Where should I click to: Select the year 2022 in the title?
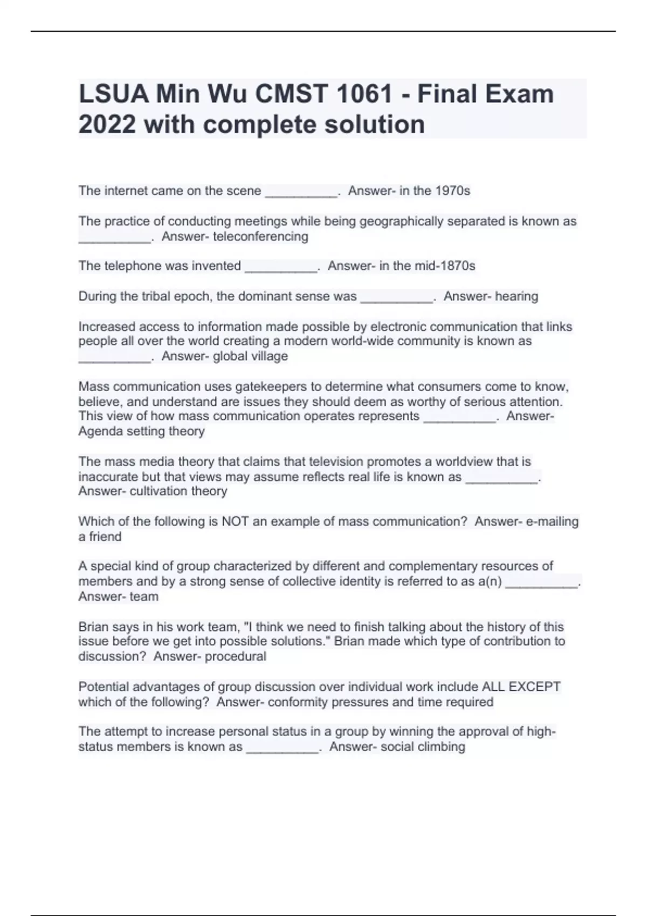click(107, 124)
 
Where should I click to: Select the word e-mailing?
click(545, 522)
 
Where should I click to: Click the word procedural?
click(236, 656)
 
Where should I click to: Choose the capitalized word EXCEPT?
click(534, 687)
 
